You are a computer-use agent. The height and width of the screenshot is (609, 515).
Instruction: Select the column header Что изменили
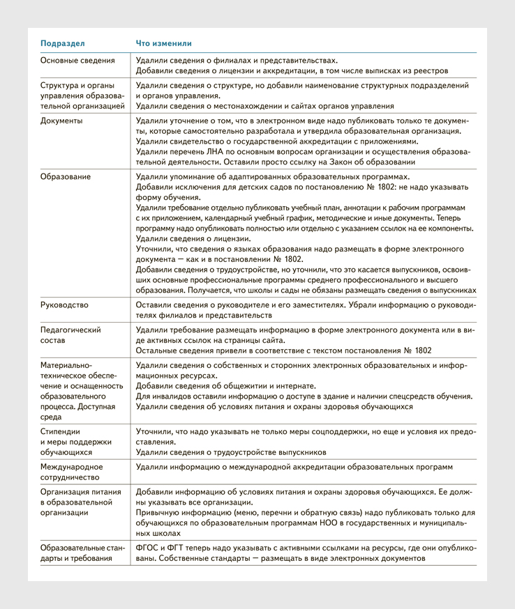tap(163, 43)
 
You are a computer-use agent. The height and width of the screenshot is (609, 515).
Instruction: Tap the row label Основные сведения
tap(77, 61)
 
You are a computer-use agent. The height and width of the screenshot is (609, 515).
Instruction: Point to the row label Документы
tap(61, 121)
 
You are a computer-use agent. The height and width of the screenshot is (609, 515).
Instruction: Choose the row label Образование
tap(65, 176)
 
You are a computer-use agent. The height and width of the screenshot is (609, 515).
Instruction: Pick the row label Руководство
tap(64, 304)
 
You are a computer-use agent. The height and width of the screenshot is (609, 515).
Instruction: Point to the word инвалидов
tap(168, 396)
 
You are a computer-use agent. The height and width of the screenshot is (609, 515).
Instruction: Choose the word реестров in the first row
tap(431, 70)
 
